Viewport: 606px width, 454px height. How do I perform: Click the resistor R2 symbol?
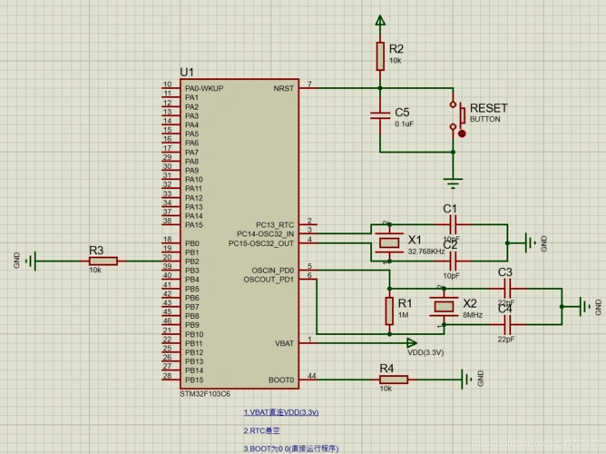coord(380,56)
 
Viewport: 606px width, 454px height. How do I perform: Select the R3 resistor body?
coord(103,262)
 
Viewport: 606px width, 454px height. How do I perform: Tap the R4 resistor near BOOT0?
coord(386,380)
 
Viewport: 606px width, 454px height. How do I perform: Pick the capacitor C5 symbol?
coord(380,115)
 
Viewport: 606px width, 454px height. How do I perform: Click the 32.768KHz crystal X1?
coord(389,242)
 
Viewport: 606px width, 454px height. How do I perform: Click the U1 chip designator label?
coord(187,72)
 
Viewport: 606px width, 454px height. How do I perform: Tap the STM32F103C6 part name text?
coord(204,394)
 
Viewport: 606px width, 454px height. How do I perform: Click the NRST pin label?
coord(283,88)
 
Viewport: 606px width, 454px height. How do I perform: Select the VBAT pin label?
coord(284,343)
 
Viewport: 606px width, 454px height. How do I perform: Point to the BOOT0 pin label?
coord(280,380)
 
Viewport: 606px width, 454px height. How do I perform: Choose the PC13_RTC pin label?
coord(274,224)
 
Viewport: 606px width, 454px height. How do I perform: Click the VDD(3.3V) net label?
coord(425,352)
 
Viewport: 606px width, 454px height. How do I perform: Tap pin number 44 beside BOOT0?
coord(312,375)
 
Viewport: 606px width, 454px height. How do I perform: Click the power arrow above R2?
coord(380,20)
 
